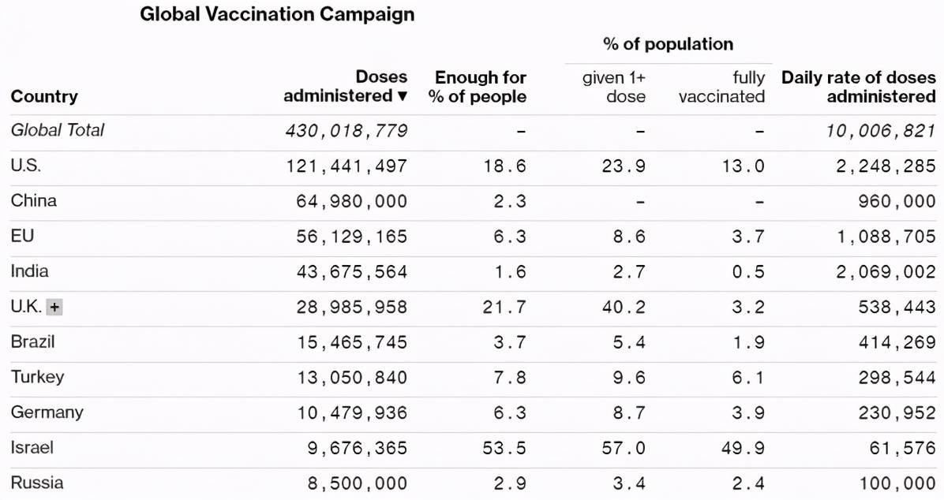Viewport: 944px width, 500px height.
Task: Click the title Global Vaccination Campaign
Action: click(277, 14)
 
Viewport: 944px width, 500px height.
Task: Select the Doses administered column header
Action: click(346, 87)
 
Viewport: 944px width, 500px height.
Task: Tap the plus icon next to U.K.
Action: click(54, 308)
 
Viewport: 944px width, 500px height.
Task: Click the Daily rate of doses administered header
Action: click(859, 87)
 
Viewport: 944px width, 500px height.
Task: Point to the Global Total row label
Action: click(58, 130)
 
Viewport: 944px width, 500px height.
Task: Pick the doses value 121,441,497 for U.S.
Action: click(347, 166)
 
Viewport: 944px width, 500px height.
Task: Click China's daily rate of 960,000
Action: click(897, 201)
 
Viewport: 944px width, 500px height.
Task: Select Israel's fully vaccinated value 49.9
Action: click(747, 448)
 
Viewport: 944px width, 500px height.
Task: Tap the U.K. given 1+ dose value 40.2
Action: click(624, 308)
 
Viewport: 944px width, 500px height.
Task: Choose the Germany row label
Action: click(47, 412)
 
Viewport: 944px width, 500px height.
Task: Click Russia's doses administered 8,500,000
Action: click(358, 483)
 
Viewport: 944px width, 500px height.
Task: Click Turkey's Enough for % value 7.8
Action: click(510, 378)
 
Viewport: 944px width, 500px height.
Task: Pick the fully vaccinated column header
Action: click(722, 87)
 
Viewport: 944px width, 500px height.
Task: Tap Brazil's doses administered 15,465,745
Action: click(352, 342)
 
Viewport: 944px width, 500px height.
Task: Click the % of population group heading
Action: click(668, 44)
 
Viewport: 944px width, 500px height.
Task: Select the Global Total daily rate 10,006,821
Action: click(881, 131)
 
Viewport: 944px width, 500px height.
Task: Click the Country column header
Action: click(44, 96)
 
